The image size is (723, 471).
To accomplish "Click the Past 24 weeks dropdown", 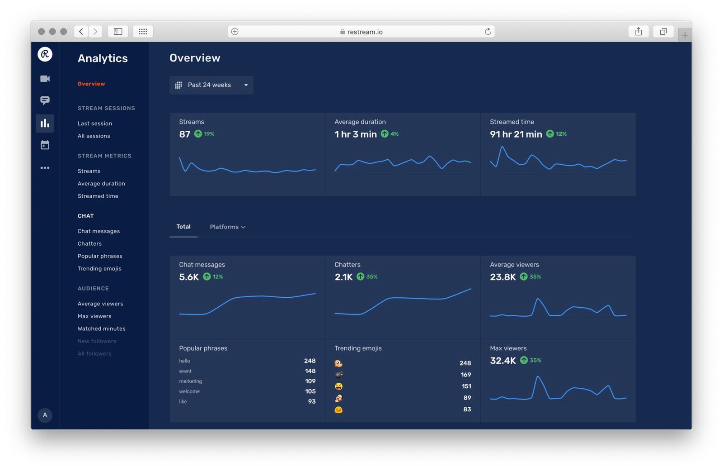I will (211, 85).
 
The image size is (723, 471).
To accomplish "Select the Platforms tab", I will (227, 227).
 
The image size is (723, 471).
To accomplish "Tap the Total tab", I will (183, 227).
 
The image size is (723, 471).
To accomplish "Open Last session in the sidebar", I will (95, 124).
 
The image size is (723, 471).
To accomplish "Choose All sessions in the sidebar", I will (94, 136).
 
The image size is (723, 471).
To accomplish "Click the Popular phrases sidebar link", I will (100, 256).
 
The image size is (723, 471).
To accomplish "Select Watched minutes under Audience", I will (102, 328).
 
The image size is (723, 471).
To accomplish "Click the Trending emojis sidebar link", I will (99, 268).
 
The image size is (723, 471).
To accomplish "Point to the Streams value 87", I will (185, 134).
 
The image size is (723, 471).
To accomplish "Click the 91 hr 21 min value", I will (516, 134).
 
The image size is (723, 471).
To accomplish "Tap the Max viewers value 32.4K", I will (503, 361).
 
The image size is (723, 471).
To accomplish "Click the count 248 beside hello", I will (310, 361).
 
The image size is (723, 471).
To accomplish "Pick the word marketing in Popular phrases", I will (191, 381).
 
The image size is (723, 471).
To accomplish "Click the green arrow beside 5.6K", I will (207, 276).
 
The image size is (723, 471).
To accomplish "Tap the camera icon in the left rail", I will (45, 79).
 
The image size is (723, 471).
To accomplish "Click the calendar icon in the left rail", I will (45, 145).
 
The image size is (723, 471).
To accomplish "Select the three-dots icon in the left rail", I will (45, 168).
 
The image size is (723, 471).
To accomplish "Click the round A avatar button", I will (45, 415).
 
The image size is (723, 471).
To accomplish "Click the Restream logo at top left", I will (45, 54).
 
